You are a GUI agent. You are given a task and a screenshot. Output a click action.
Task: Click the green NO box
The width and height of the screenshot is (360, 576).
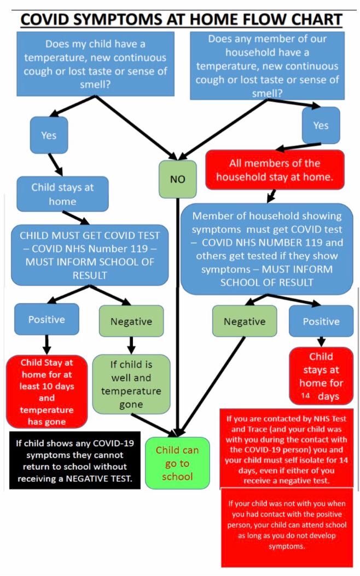[x=178, y=179]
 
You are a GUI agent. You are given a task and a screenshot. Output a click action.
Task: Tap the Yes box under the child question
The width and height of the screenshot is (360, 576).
[x=49, y=135]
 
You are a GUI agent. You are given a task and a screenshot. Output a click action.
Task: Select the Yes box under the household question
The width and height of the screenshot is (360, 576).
[x=321, y=125]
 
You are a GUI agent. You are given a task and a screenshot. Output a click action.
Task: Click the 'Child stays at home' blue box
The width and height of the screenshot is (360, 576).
[x=62, y=194]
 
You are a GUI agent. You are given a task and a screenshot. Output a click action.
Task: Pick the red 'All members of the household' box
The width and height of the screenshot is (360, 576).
[x=275, y=170]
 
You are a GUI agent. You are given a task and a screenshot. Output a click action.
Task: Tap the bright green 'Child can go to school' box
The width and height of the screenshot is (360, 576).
[x=177, y=463]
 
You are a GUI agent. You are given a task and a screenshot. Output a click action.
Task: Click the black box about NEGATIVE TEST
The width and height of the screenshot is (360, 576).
[x=75, y=460]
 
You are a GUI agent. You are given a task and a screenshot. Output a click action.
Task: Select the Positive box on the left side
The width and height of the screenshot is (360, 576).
[x=47, y=319]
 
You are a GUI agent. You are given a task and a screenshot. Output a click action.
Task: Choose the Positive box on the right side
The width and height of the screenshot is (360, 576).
[x=321, y=321]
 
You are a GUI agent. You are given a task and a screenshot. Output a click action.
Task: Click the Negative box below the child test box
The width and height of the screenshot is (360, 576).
[x=131, y=321]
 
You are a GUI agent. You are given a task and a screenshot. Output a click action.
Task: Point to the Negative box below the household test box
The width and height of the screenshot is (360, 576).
[x=245, y=321]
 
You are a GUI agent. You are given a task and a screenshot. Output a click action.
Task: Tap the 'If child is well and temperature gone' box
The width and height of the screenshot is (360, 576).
[x=131, y=384]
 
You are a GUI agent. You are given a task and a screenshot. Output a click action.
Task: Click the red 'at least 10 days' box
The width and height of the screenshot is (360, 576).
[x=47, y=392]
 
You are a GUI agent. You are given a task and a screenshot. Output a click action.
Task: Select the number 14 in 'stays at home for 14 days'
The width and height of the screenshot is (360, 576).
[x=306, y=396]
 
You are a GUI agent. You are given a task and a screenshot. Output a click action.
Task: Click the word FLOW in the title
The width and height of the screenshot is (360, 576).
[x=263, y=19]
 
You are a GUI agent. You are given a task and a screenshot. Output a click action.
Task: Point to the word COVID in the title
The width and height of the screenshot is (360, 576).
[x=44, y=19]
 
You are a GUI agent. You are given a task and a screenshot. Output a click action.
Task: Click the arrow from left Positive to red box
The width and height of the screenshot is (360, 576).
[x=47, y=344]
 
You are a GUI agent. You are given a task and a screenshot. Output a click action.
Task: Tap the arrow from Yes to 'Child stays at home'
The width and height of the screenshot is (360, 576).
[x=55, y=165]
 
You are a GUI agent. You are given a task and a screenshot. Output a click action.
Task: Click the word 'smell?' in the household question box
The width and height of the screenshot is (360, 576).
[x=267, y=93]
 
